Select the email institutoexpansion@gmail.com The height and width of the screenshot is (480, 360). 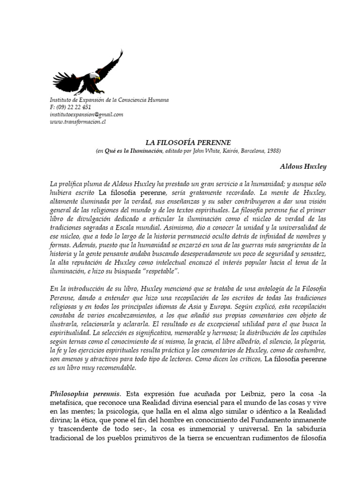click(x=86, y=114)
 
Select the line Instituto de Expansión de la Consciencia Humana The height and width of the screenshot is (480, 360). click(x=109, y=100)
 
